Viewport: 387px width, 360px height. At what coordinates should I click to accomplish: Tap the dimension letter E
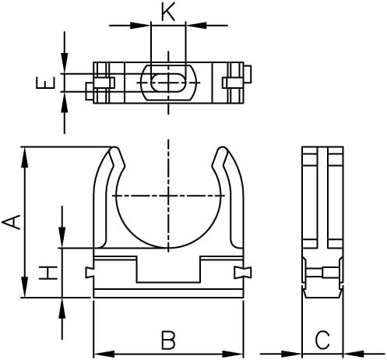pyautogui.click(x=50, y=81)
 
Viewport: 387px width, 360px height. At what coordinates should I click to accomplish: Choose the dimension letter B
pyautogui.click(x=167, y=340)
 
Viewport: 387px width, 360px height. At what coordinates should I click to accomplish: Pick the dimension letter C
pyautogui.click(x=323, y=340)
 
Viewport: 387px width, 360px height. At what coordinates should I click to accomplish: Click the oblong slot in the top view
pyautogui.click(x=167, y=82)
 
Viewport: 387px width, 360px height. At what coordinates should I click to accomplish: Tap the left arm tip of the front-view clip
pyautogui.click(x=115, y=151)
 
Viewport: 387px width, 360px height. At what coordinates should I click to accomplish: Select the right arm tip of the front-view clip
pyautogui.click(x=220, y=151)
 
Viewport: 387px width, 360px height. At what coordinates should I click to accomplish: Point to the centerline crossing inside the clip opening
pyautogui.click(x=167, y=194)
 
